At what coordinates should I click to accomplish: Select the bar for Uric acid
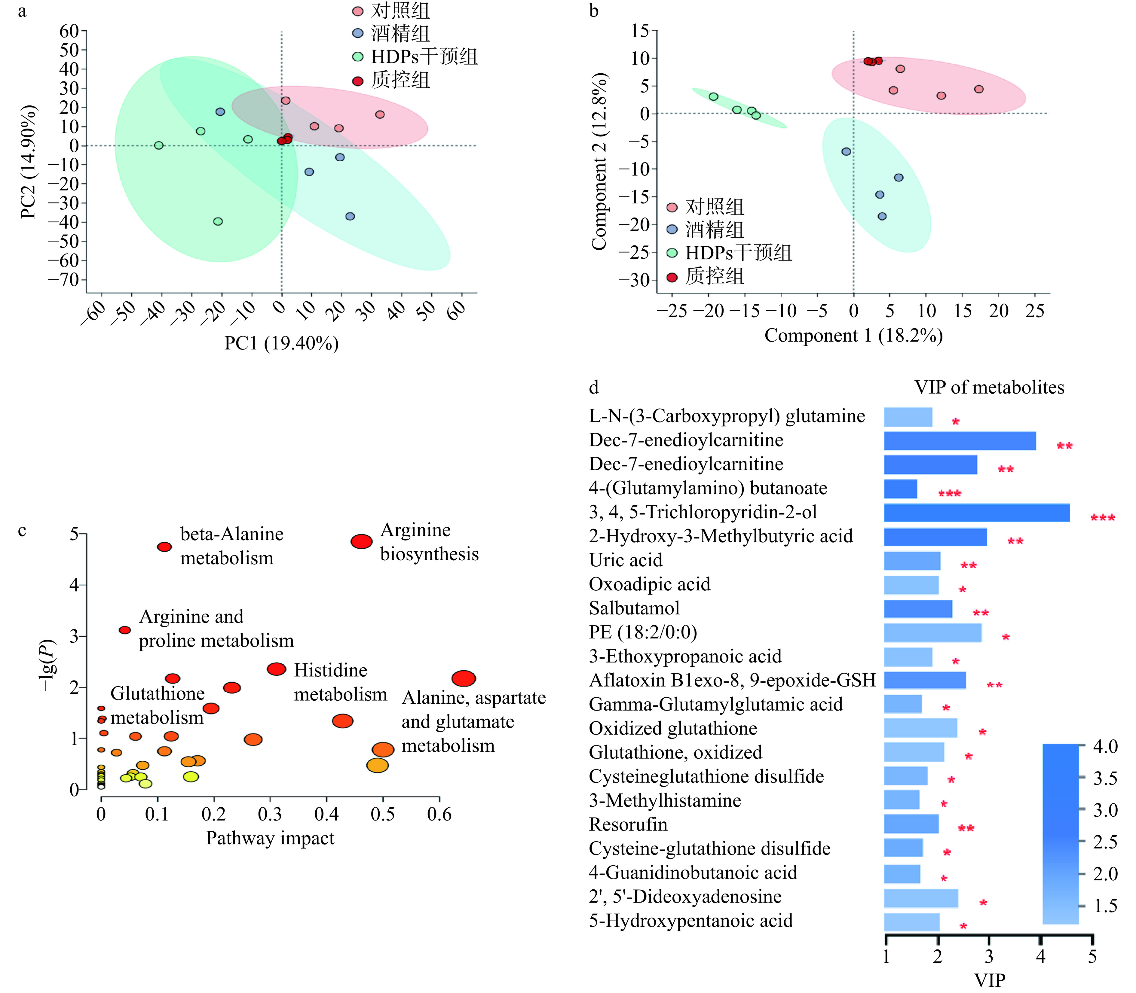911,561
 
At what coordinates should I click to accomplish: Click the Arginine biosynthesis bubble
361,541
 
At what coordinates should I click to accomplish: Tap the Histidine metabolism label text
340,682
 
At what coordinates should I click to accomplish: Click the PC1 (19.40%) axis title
281,343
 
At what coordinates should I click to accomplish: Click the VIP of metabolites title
989,387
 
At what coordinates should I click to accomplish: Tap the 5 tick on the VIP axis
1092,956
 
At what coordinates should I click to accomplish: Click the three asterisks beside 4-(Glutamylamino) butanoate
949,493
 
